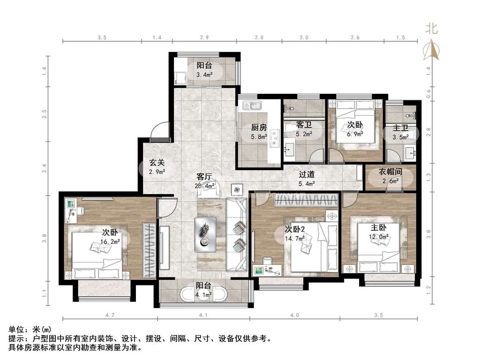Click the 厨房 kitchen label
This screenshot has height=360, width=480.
(259, 127)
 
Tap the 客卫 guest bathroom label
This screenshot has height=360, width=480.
(304, 125)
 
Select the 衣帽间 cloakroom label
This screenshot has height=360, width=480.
(390, 172)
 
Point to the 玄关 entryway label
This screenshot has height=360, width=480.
(157, 163)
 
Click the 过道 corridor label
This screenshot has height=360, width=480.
(307, 174)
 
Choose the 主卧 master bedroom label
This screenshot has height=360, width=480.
(378, 228)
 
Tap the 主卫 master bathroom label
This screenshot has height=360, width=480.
(400, 128)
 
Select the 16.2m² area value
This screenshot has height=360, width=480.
(110, 241)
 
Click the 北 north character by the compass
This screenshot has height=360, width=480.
(432, 29)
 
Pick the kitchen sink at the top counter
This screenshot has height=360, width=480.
(252, 106)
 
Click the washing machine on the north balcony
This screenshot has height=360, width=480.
(180, 78)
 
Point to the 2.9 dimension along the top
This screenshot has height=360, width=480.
(204, 37)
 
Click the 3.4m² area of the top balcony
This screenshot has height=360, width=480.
(204, 75)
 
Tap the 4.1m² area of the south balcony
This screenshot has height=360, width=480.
(204, 295)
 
